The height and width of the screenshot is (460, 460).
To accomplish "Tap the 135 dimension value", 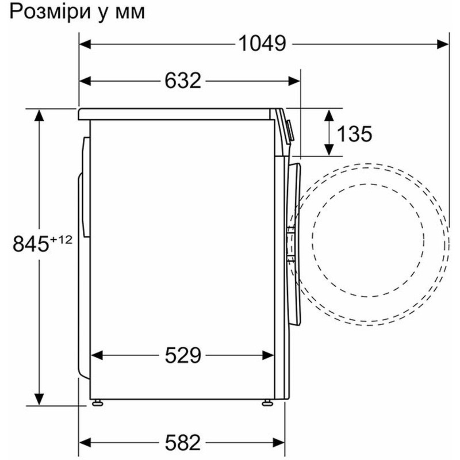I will click(x=354, y=134).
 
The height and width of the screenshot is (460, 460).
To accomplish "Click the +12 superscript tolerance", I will click(x=62, y=239).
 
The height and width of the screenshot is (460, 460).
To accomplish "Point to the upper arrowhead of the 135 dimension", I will click(x=329, y=113).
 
